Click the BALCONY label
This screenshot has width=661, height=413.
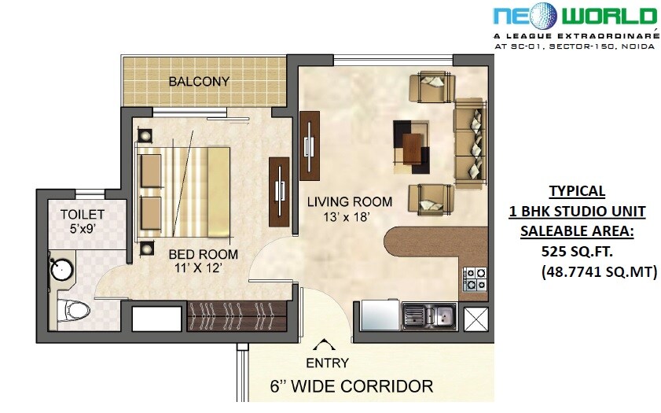point(199,81)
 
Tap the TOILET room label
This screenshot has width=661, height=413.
point(82,214)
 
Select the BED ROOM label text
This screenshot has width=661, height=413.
point(203,254)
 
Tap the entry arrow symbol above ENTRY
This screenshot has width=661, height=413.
point(322,344)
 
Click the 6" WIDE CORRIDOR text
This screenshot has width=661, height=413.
point(351,386)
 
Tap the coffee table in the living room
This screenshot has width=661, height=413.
point(411,146)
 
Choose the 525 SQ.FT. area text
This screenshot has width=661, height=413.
point(576,253)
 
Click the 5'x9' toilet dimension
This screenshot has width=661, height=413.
point(83,230)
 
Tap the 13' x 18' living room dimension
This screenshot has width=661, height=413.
point(339,216)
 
